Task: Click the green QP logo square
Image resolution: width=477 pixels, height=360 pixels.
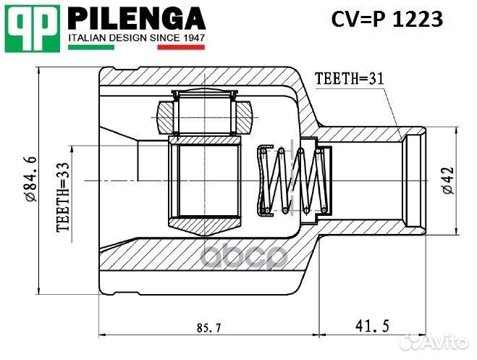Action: (33, 27)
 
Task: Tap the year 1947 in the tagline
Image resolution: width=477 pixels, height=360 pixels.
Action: (191, 36)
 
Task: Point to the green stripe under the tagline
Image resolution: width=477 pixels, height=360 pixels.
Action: (90, 46)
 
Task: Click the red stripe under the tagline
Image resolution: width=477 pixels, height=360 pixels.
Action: (181, 46)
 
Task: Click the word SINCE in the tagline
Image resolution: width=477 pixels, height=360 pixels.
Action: (163, 36)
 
